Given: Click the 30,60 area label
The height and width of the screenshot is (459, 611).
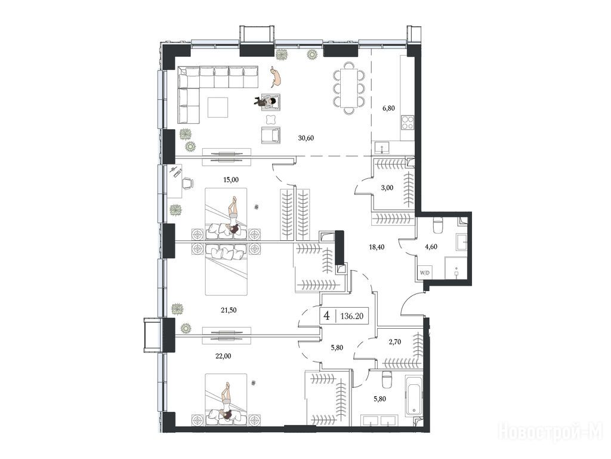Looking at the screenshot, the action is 306,138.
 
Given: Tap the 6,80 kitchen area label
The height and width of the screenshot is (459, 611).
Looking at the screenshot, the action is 388,108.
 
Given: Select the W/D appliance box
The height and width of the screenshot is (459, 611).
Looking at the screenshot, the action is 424,273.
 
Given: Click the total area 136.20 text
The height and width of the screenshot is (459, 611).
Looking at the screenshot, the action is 352,316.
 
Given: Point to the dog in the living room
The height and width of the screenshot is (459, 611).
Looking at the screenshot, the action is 276,76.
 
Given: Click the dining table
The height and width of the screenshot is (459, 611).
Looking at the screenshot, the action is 349,88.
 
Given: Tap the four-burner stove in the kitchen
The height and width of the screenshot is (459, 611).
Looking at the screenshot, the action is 408,123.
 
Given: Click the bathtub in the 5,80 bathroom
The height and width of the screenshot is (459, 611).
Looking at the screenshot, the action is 414,396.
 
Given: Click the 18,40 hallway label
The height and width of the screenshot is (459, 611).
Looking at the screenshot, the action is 377,247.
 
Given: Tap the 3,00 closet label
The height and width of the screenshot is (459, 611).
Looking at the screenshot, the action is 387,188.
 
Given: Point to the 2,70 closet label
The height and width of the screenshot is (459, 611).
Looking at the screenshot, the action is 395,342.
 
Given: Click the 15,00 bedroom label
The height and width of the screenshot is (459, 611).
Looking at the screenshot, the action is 231,180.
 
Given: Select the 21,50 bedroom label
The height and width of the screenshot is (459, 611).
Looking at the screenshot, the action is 229,310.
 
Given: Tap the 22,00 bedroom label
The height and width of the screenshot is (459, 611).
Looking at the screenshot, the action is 223,356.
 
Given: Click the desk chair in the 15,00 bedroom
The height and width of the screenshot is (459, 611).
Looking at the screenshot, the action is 188,183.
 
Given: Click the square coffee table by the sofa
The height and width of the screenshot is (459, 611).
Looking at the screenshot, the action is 218,108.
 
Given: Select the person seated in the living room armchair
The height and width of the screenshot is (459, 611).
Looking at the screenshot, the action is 266,102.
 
